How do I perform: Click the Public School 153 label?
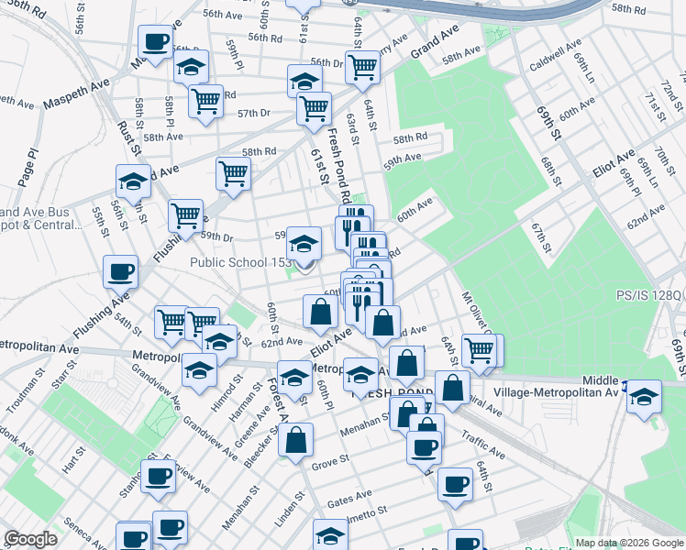pos(240,262)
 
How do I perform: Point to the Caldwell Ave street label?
pos(555,56)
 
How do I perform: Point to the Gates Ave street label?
pos(349,498)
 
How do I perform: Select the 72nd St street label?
pos(673,91)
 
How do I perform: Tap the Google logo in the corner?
pos(31,539)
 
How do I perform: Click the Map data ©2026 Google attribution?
pos(629,543)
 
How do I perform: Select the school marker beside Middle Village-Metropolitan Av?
pos(645,396)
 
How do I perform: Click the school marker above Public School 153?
pos(304,244)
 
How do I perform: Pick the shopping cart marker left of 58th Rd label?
pos(233,171)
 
